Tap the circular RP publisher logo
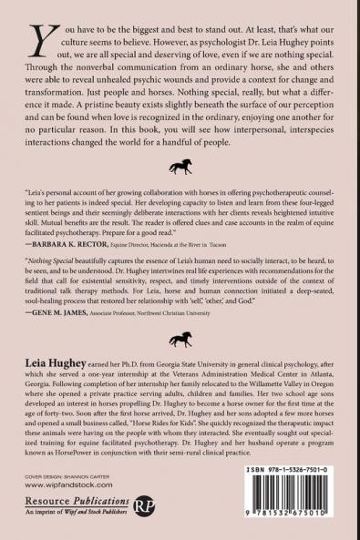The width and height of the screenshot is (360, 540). pyautogui.click(x=144, y=506)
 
